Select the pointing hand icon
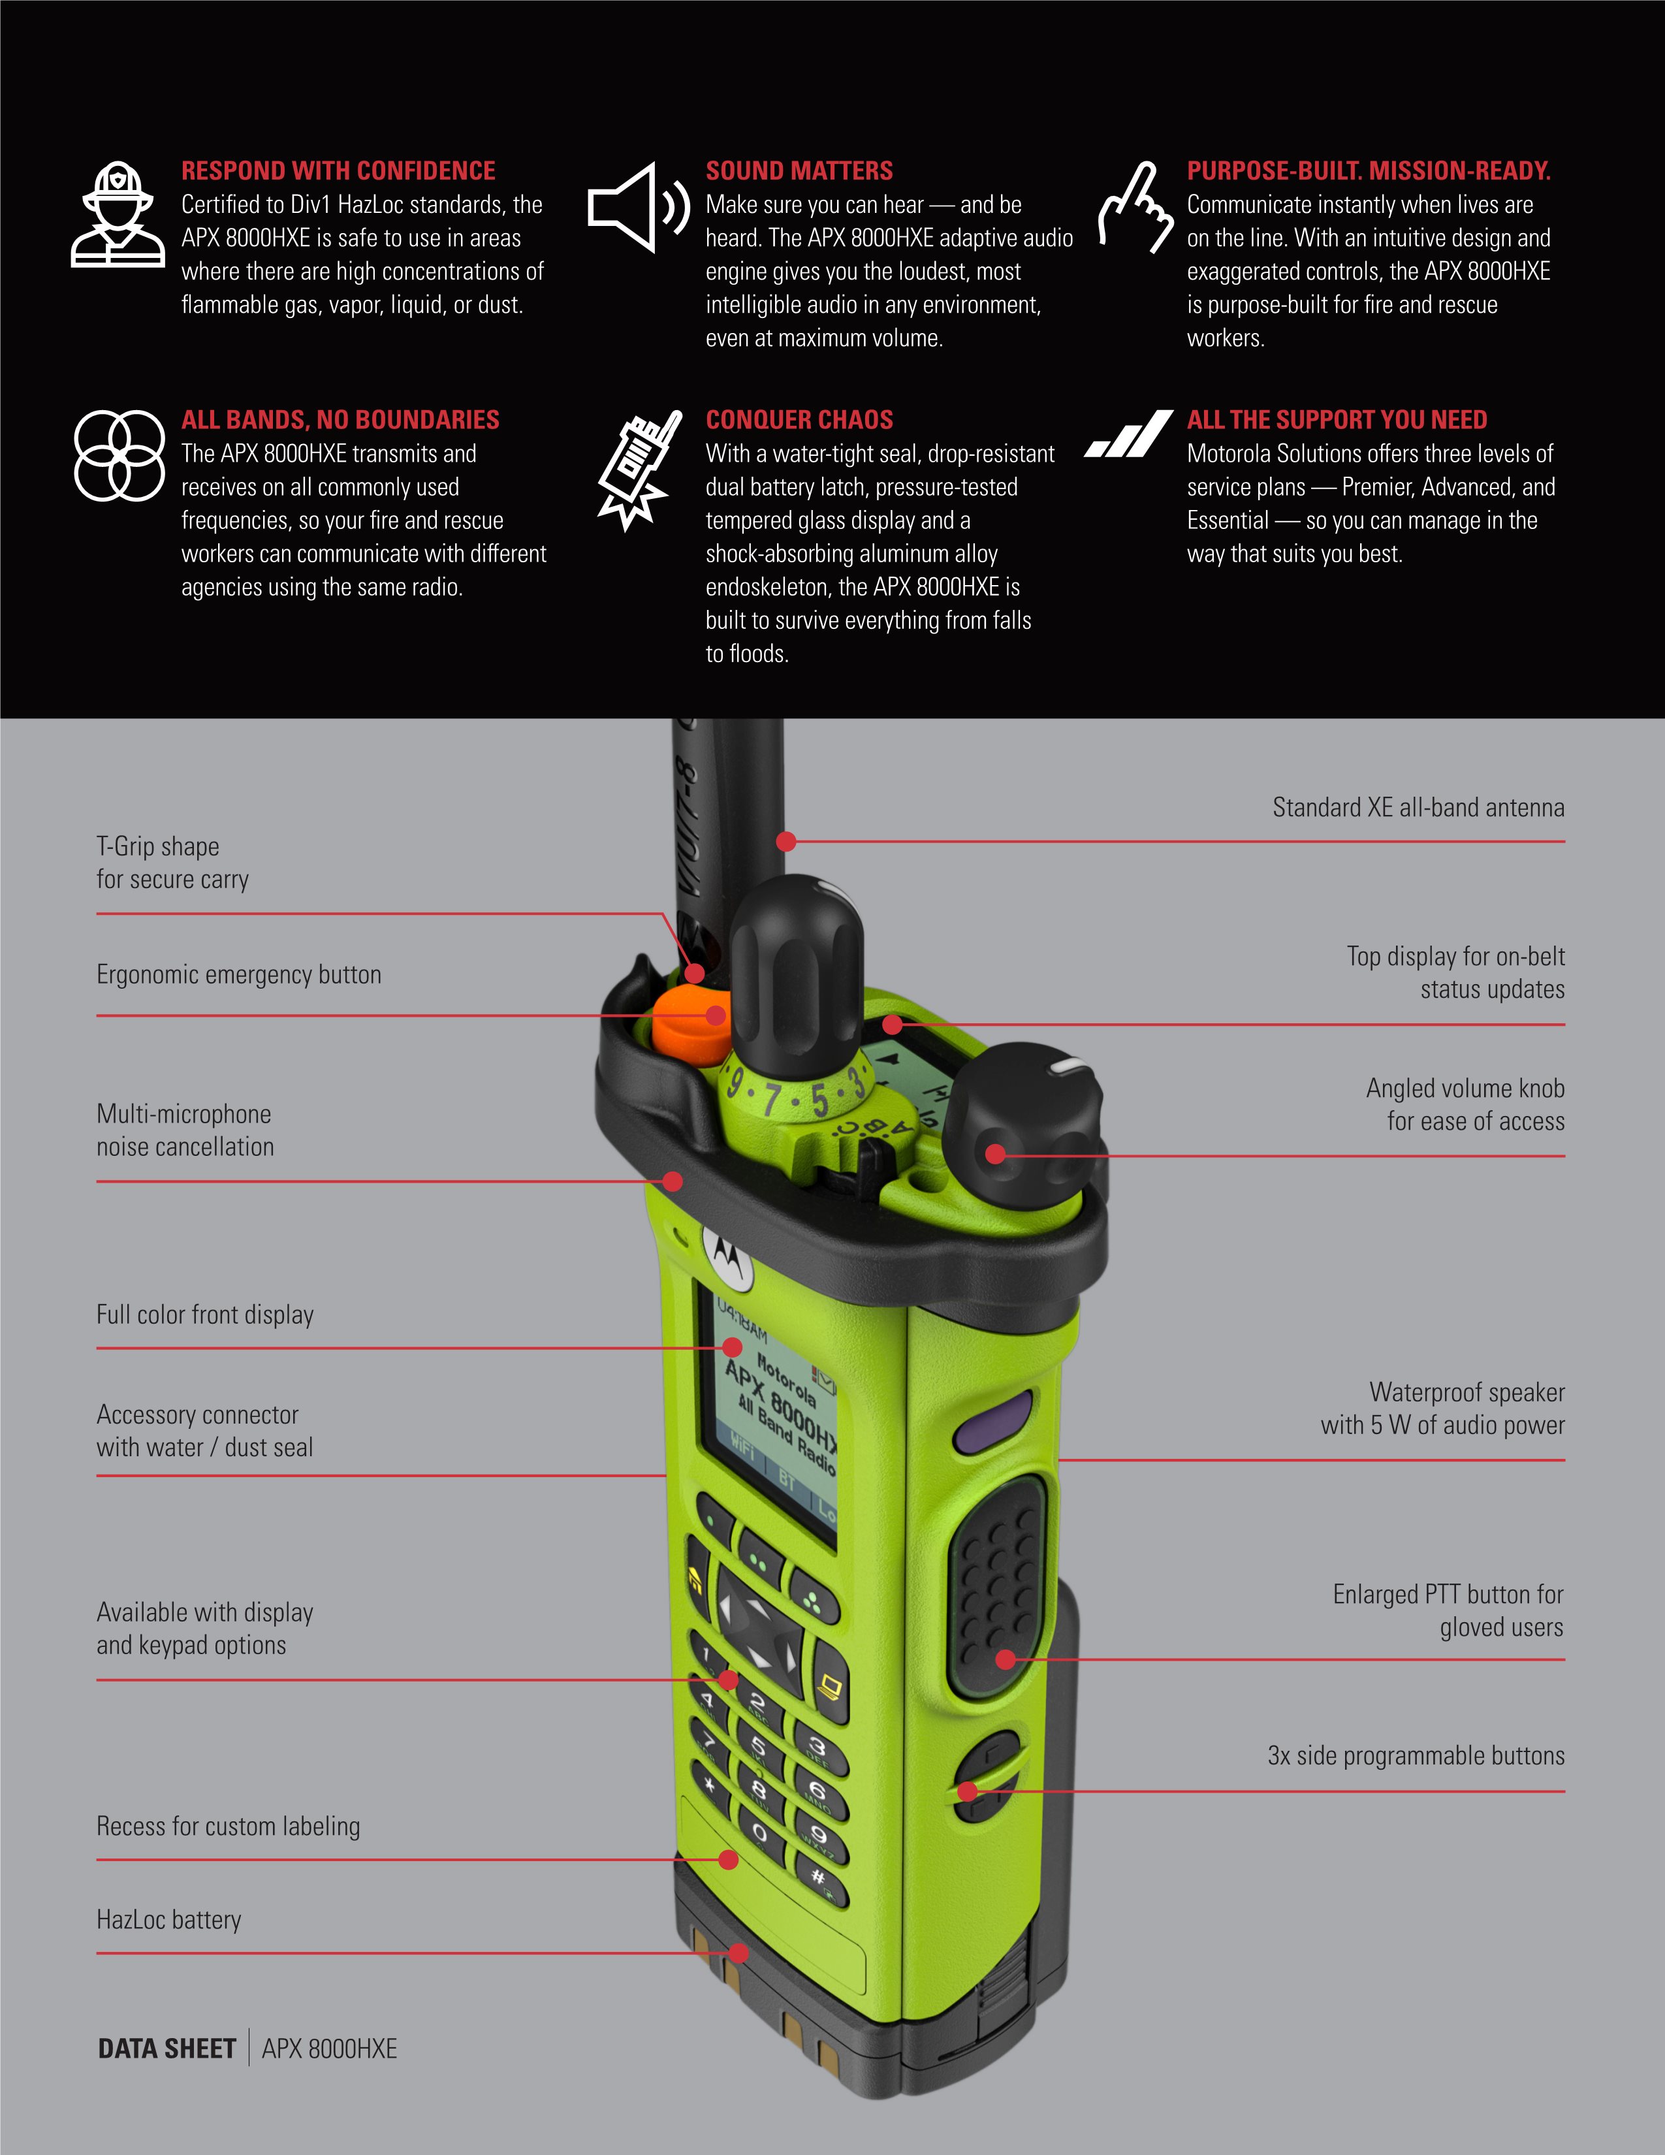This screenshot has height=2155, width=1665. pyautogui.click(x=1134, y=207)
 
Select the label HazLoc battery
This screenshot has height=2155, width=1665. pyautogui.click(x=168, y=1920)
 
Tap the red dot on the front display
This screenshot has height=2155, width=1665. pyautogui.click(x=732, y=1347)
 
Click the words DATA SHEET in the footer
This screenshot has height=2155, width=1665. pyautogui.click(x=166, y=2049)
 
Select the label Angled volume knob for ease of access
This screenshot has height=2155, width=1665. pyautogui.click(x=1465, y=1105)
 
